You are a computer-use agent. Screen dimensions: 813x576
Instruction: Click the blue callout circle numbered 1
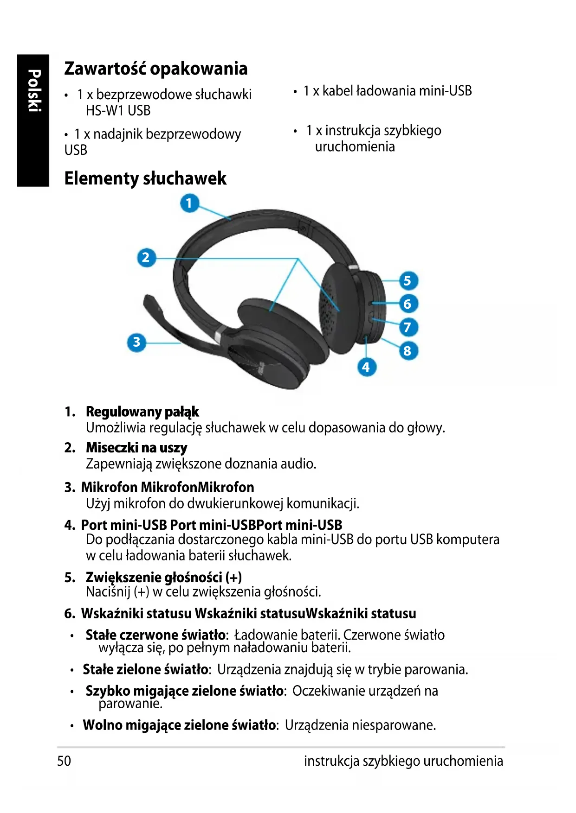coord(189,203)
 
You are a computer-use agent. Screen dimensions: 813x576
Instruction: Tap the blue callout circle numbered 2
coord(146,257)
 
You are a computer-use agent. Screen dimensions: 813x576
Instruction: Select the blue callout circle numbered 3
coord(136,342)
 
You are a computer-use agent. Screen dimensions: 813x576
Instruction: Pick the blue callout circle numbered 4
coord(366,367)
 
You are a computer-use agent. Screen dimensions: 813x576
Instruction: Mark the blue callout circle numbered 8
coord(408,351)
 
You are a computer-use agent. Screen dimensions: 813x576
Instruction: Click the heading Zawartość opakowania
coord(155,69)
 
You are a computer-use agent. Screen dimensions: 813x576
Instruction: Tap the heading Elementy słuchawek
coord(145,178)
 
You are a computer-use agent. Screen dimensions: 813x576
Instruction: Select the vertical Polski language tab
coord(33,91)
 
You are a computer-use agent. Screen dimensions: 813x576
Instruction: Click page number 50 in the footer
coord(64,761)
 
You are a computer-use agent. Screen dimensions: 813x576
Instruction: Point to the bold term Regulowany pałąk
coord(142,412)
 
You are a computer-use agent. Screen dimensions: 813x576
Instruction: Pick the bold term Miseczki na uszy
coord(136,448)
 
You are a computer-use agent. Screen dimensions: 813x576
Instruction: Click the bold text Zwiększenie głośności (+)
coord(163,577)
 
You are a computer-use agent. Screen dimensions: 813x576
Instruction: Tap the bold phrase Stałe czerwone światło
coord(155,635)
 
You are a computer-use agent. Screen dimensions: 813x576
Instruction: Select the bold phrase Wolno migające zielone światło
coord(179,725)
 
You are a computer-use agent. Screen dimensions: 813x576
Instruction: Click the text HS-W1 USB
coord(118,111)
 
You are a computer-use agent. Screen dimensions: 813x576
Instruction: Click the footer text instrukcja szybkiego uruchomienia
coord(403,761)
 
